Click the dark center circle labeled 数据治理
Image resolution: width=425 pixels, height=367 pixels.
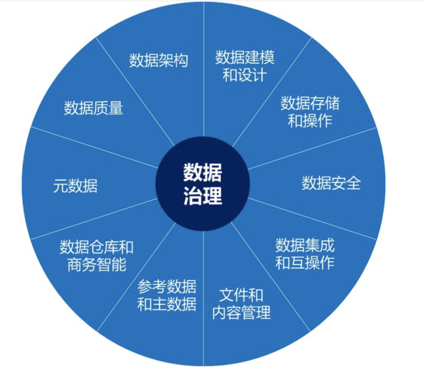[203, 184]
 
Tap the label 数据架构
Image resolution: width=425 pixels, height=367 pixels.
[159, 61]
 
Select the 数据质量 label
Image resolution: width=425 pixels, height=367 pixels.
[94, 108]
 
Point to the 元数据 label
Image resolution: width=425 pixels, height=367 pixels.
[76, 186]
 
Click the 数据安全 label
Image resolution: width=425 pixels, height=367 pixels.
[331, 183]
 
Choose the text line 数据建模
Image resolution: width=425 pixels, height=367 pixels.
[244, 58]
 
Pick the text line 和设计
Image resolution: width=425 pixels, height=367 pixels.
[244, 75]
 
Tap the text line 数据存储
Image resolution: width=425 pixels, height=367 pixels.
[310, 104]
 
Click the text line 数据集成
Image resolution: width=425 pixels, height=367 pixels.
[305, 246]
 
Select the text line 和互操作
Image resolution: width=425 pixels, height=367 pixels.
[305, 263]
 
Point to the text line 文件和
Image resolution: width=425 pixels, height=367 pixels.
[241, 295]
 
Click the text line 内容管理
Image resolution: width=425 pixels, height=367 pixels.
[241, 313]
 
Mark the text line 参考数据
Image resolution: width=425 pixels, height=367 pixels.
[167, 287]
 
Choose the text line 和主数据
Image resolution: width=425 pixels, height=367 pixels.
[167, 304]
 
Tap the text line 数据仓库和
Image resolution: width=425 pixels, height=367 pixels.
[96, 248]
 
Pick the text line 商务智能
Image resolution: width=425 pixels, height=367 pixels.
[96, 265]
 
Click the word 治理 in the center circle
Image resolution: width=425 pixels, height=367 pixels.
[203, 196]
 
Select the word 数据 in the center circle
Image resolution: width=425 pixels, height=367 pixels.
[203, 172]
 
